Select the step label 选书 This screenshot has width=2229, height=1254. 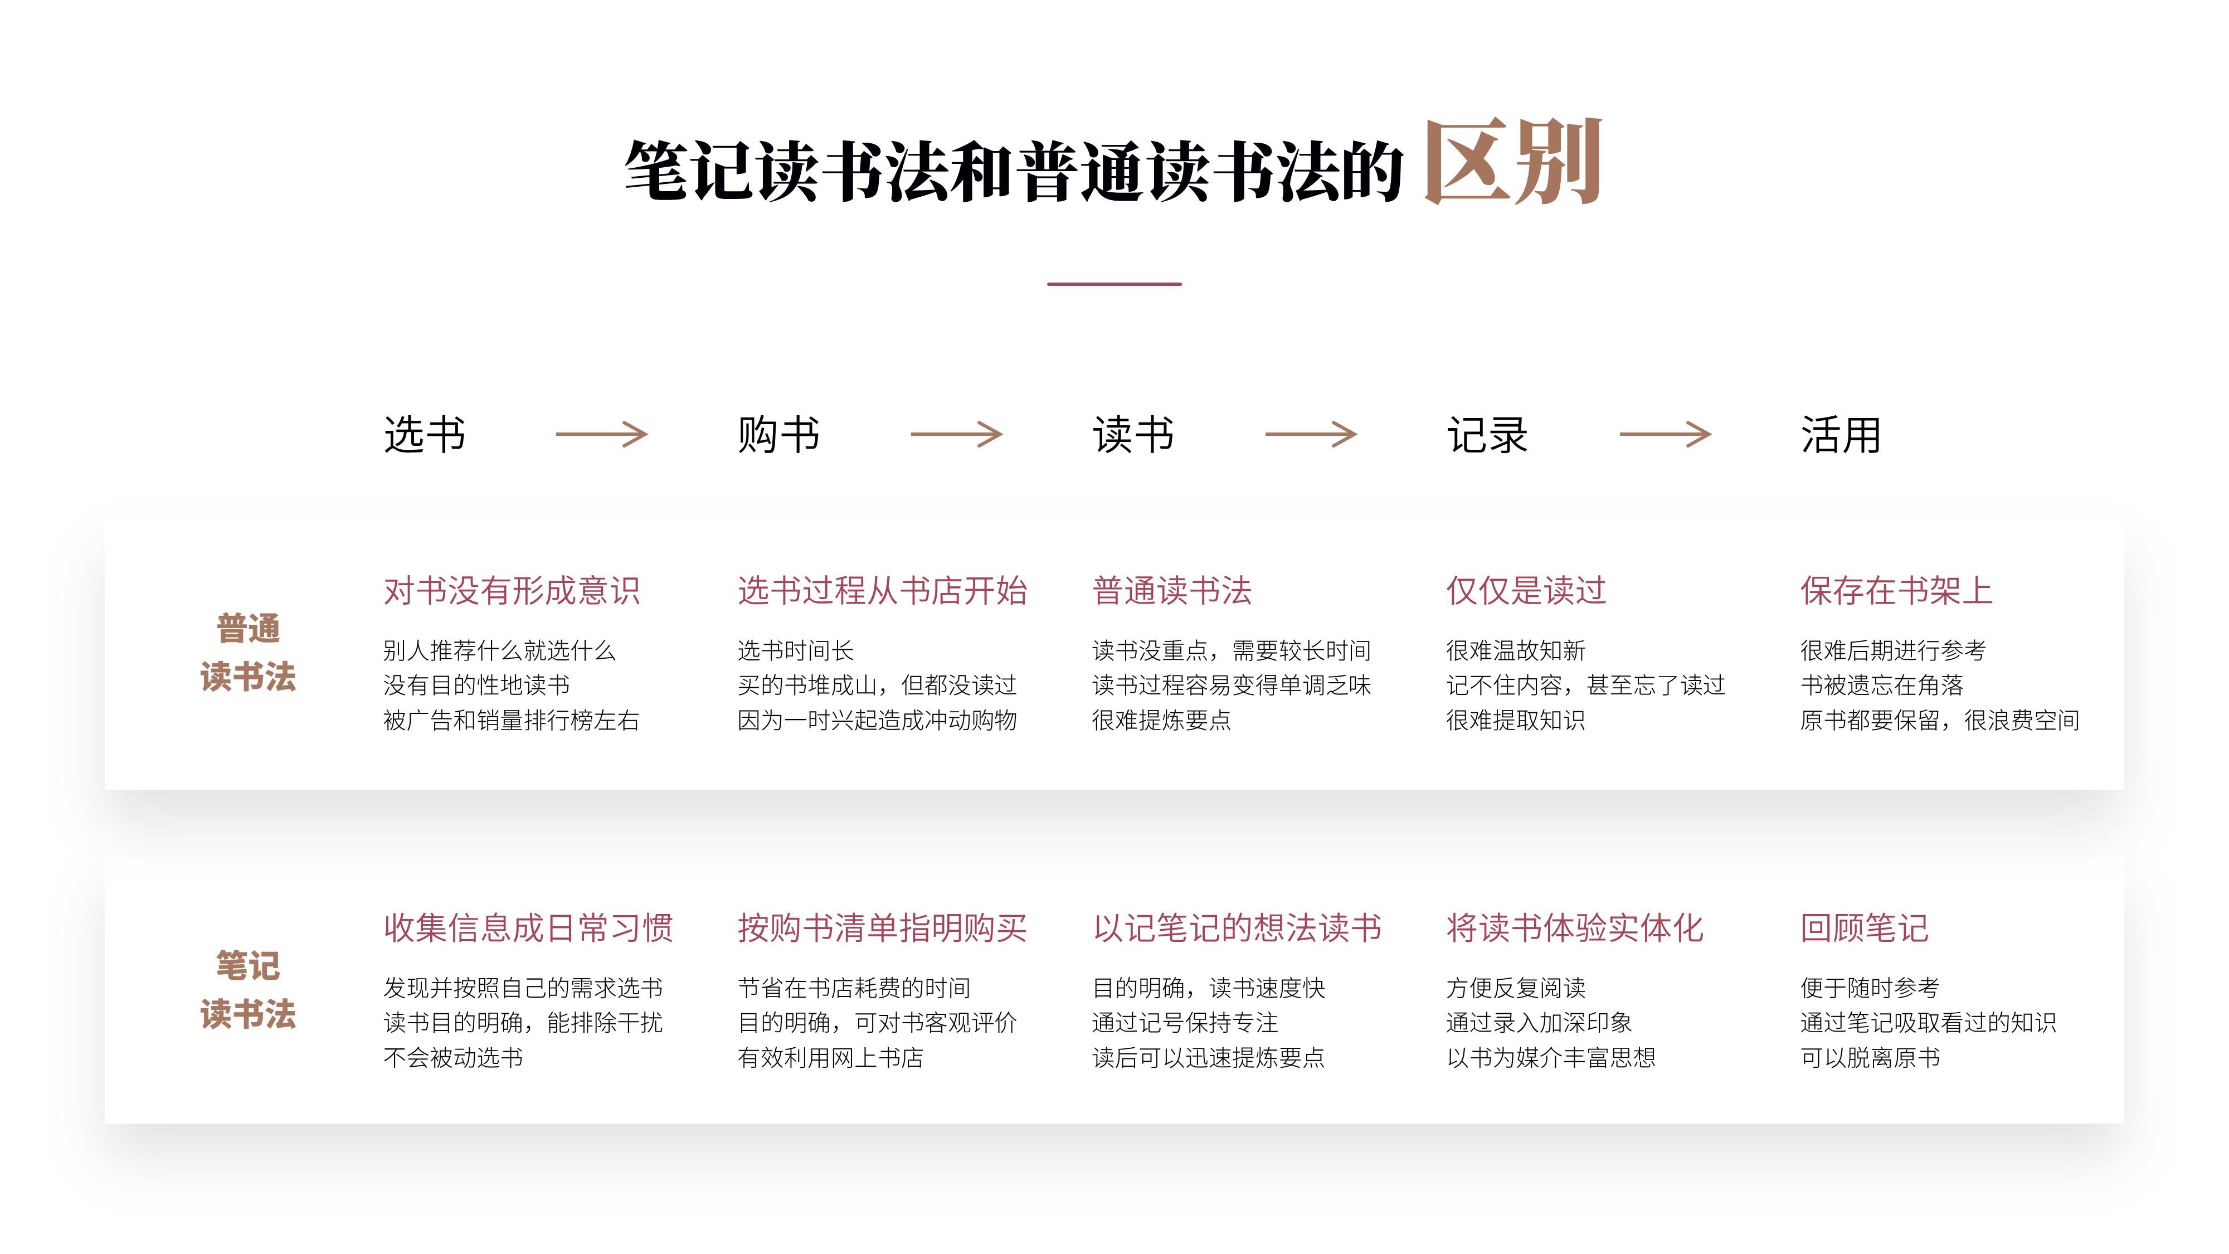point(424,435)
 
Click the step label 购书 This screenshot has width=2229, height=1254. point(778,435)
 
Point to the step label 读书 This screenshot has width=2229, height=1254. point(1133,435)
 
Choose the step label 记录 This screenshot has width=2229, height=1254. point(1487,435)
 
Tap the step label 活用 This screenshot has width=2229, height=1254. point(1841,435)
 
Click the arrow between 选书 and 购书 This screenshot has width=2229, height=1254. point(601,435)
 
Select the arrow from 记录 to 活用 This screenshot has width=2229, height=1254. point(1665,435)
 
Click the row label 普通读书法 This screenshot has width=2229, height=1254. point(249,653)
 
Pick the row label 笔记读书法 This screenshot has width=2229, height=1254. point(249,989)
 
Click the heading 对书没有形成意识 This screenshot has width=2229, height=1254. point(512,591)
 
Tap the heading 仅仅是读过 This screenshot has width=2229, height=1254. point(1526,591)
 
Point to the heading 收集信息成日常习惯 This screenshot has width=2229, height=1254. point(528,928)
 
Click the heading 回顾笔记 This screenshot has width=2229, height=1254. point(1864,928)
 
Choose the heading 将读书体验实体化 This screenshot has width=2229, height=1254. point(1574,928)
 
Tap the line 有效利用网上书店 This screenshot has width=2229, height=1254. point(830,1058)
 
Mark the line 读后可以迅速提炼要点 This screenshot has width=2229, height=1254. point(1208,1058)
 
